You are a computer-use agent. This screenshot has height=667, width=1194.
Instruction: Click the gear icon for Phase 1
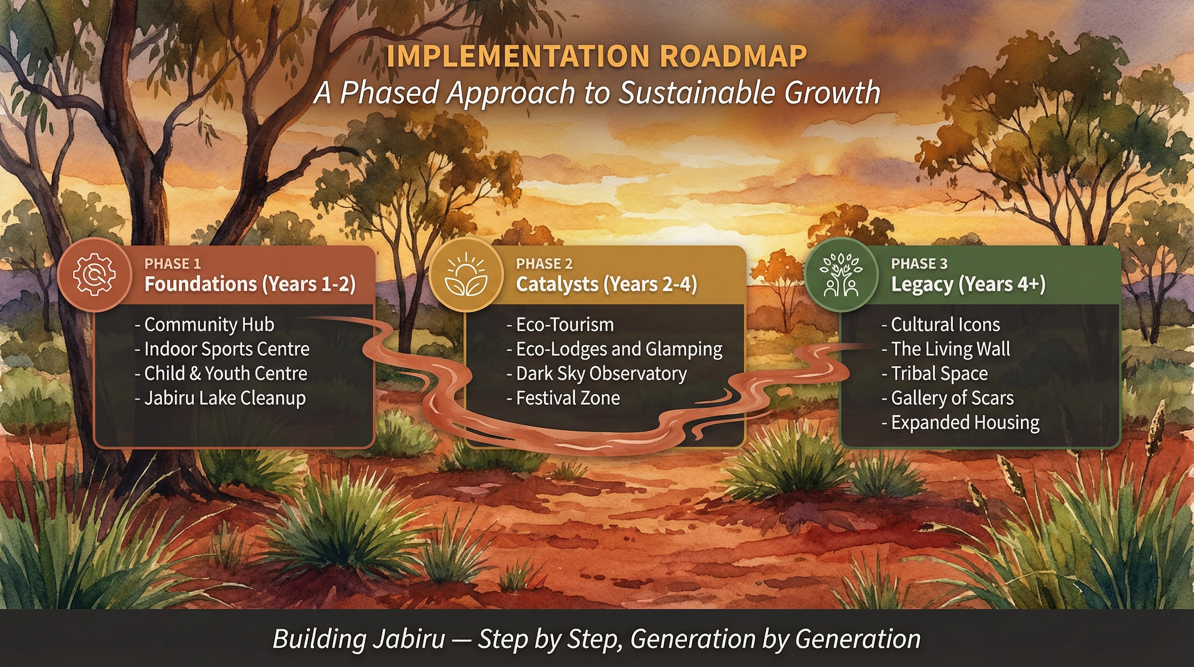click(95, 274)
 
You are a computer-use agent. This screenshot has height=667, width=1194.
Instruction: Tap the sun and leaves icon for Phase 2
click(466, 274)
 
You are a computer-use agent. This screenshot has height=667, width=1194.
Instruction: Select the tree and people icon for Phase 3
click(841, 274)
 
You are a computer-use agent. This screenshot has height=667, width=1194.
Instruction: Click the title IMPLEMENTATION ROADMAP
click(597, 56)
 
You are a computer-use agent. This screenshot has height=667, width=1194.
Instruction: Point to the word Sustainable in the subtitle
click(698, 92)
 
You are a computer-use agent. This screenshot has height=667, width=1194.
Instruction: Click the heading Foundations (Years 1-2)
click(250, 284)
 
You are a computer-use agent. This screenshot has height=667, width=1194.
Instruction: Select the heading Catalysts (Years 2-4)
click(607, 284)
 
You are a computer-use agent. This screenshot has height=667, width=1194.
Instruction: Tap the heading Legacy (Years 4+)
click(968, 284)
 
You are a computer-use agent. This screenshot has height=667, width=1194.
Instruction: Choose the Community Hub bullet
click(204, 324)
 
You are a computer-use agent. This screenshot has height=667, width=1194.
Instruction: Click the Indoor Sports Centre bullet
click(222, 349)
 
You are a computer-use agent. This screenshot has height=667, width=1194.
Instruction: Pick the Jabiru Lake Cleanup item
click(220, 398)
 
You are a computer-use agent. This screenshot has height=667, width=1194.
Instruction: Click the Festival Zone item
click(563, 398)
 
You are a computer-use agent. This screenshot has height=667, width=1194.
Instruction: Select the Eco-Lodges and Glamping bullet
click(615, 349)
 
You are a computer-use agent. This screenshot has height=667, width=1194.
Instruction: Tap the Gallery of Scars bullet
click(948, 398)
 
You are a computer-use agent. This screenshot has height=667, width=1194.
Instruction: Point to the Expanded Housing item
click(961, 423)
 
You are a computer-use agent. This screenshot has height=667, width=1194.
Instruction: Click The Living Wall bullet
click(946, 349)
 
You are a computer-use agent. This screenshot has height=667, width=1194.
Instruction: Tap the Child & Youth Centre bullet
click(221, 373)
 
